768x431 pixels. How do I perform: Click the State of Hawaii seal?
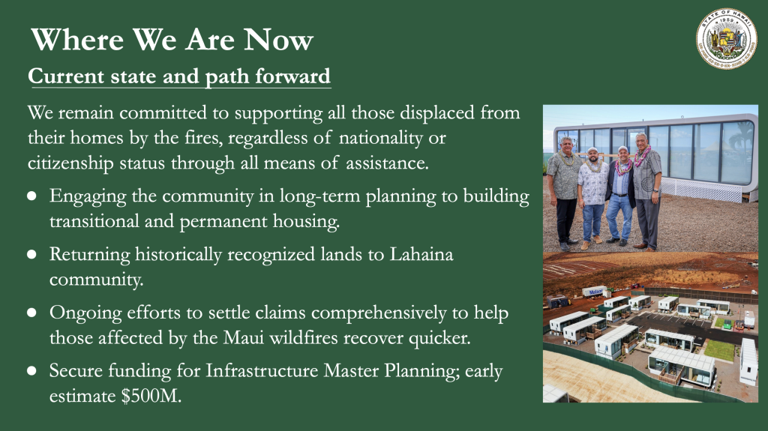[726, 38]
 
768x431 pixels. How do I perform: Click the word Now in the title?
[278, 39]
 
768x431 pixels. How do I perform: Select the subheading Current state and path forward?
[179, 76]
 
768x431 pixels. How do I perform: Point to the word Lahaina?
[421, 254]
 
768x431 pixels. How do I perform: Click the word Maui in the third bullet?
[244, 337]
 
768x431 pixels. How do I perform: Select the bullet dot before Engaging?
[31, 196]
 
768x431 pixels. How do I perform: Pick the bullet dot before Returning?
[31, 254]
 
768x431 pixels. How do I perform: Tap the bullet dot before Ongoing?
[31, 313]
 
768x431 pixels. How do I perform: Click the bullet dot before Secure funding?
[31, 370]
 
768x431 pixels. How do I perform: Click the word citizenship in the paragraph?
[70, 163]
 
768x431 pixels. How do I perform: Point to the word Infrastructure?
[262, 370]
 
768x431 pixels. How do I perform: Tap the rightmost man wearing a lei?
[646, 191]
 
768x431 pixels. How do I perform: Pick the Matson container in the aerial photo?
[595, 292]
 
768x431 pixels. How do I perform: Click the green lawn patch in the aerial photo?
[719, 350]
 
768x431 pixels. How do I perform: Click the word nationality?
[380, 138]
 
